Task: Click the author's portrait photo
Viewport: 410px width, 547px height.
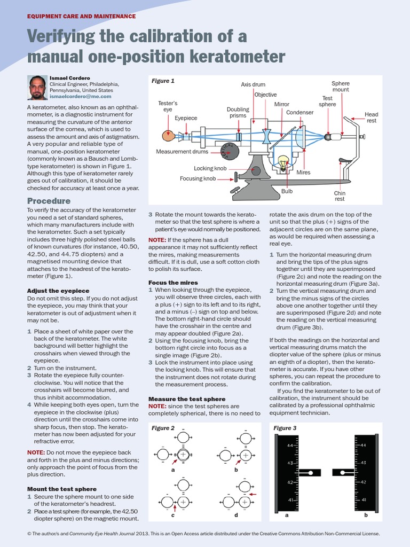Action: tap(38, 88)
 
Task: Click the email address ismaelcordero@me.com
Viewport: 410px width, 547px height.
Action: tap(80, 97)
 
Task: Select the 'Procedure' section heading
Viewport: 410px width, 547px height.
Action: tap(49, 201)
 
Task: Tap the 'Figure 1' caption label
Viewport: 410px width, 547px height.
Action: tap(163, 81)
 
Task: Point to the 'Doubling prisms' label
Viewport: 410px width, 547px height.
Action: tap(238, 113)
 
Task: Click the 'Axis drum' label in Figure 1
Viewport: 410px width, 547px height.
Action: tap(253, 84)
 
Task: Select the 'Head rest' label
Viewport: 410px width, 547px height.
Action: tap(371, 118)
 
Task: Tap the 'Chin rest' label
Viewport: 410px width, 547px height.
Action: tap(340, 196)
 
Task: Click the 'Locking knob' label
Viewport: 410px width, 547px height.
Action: tap(210, 168)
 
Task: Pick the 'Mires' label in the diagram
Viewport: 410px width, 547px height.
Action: tap(303, 173)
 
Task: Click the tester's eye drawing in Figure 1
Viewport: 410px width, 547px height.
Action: tap(169, 136)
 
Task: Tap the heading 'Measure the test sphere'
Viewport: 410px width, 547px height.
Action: tap(186, 399)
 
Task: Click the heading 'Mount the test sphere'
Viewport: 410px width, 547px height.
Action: tap(61, 489)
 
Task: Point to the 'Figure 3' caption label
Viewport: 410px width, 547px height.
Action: tap(285, 428)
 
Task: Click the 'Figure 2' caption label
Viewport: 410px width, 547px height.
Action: tap(163, 428)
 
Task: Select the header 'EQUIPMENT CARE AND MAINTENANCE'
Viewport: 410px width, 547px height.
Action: tap(81, 17)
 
